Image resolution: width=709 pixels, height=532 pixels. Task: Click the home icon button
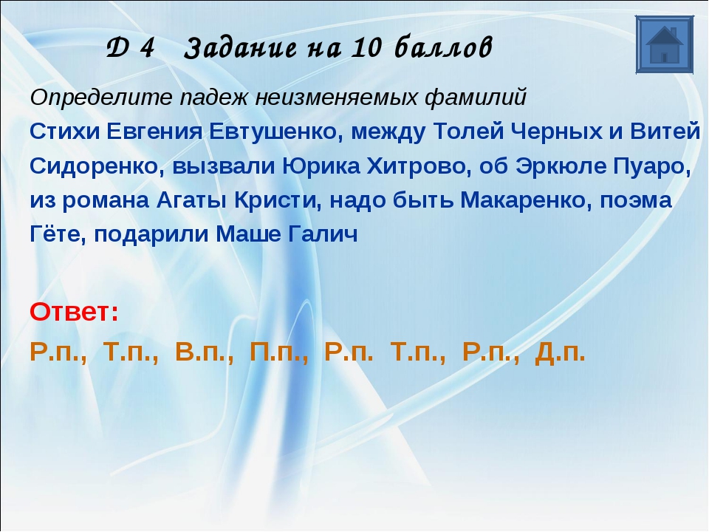click(x=664, y=44)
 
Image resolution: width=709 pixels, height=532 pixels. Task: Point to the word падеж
click(x=213, y=98)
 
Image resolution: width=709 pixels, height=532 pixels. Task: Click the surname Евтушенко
click(x=273, y=132)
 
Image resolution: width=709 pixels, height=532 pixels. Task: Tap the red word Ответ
click(x=74, y=312)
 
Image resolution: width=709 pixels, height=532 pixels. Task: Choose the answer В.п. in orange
click(x=205, y=352)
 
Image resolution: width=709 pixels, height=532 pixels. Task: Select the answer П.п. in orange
click(x=279, y=352)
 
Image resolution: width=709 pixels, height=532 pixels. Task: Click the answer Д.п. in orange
click(x=560, y=352)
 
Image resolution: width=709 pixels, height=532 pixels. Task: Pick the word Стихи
click(x=64, y=132)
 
